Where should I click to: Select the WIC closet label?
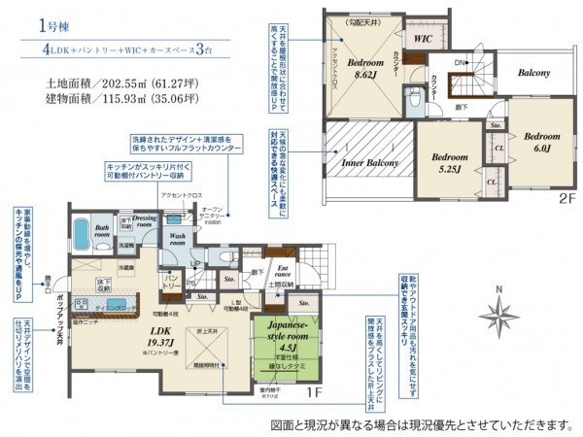pos(423,40)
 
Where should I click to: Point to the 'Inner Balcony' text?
pos(369,162)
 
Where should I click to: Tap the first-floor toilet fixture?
pos(225,259)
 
